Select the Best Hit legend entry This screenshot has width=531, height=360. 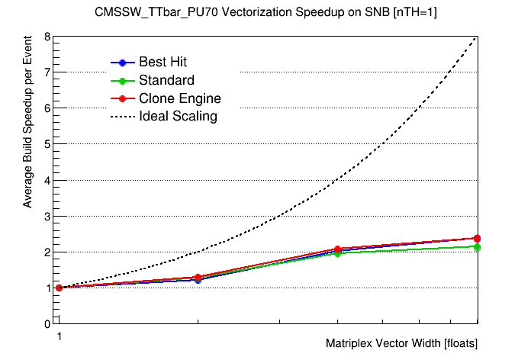point(163,62)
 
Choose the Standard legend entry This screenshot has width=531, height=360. point(166,80)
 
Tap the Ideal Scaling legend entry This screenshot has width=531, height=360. point(178,117)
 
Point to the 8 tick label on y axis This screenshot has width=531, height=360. point(47,37)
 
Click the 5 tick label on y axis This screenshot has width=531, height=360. point(47,144)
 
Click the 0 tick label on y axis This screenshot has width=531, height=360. point(47,323)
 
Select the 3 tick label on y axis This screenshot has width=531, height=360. point(47,216)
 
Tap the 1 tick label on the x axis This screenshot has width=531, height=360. point(58,336)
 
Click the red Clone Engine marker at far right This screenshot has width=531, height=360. point(477,238)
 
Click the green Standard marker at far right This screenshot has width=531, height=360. point(477,247)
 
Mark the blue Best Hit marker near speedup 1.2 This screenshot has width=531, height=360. point(198,280)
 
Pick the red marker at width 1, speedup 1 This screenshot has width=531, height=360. point(59,288)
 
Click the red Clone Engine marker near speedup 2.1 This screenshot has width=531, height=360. point(337,249)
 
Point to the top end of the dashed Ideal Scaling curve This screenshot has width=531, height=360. point(477,37)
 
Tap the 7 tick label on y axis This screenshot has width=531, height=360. point(47,72)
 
